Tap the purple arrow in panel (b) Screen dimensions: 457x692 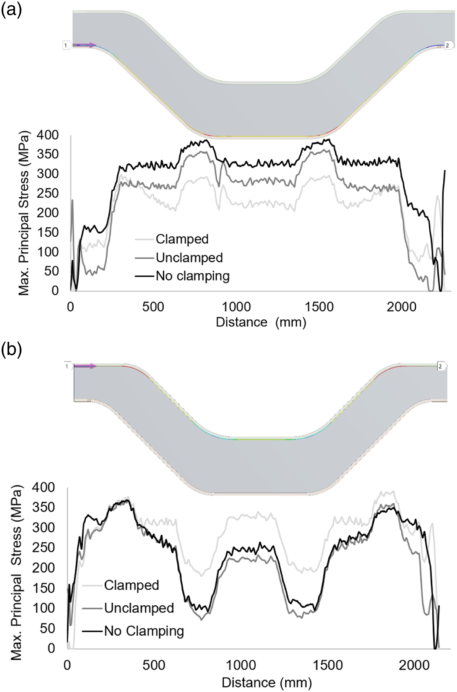pos(85,366)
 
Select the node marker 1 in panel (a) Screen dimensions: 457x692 pos(67,45)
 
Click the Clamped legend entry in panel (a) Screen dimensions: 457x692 pos(172,239)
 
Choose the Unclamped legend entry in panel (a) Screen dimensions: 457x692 pos(179,258)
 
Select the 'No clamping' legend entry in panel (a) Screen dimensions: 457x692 pos(182,276)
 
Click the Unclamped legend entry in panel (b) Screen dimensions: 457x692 pos(128,608)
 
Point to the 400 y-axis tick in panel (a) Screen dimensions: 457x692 pos(47,135)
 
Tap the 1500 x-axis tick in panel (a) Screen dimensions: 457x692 pos(319,307)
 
